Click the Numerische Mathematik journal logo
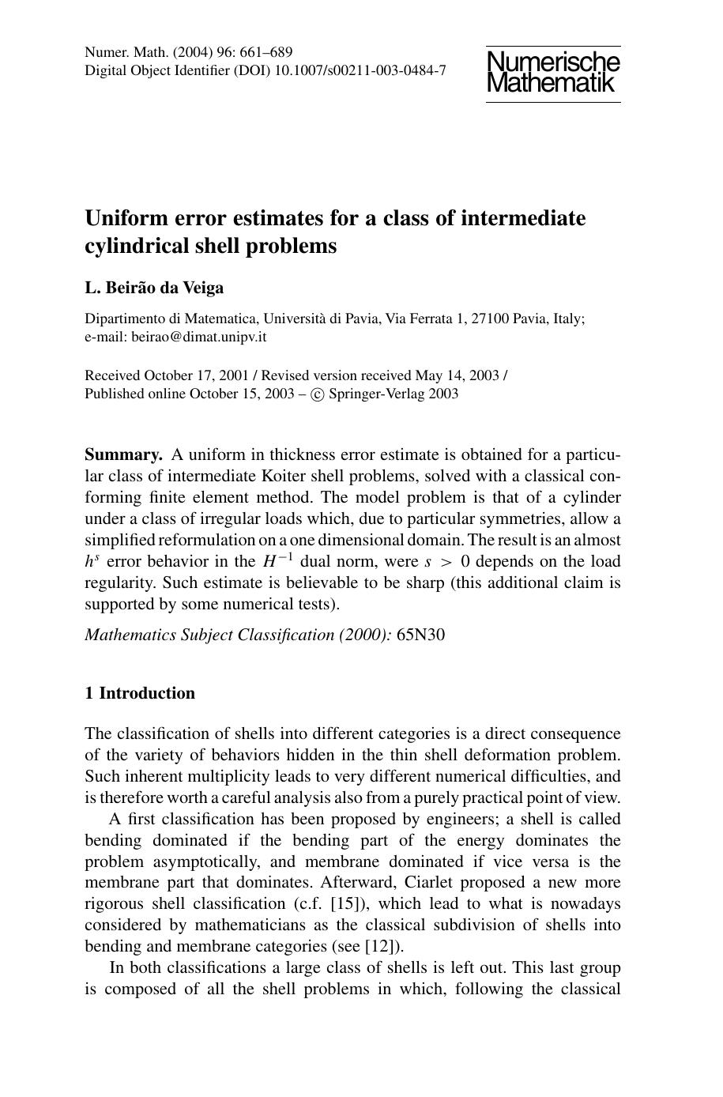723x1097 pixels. (x=553, y=73)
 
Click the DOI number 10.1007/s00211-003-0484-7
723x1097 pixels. (x=360, y=70)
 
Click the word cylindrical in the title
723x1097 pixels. (x=136, y=247)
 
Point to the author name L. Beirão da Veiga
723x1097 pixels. (x=154, y=288)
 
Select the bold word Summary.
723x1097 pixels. (x=123, y=455)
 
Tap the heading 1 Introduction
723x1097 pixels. (x=140, y=693)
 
